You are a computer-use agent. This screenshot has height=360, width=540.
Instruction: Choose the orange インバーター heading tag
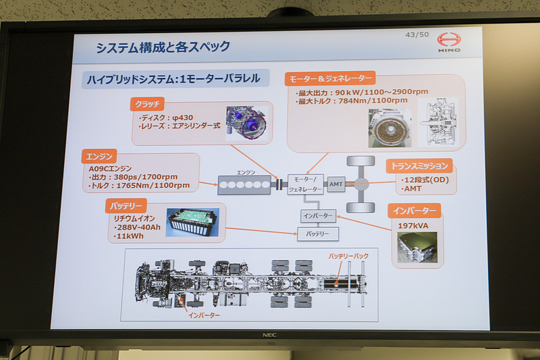pos(415,210)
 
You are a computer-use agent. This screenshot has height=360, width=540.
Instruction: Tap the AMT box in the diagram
pos(336,184)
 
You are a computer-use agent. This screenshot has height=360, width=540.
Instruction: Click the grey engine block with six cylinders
pos(244,184)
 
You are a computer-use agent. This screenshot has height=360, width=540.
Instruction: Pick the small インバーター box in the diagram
pos(317,216)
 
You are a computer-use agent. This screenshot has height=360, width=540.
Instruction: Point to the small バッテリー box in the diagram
pos(317,234)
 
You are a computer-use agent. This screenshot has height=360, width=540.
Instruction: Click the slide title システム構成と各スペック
pos(163,47)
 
